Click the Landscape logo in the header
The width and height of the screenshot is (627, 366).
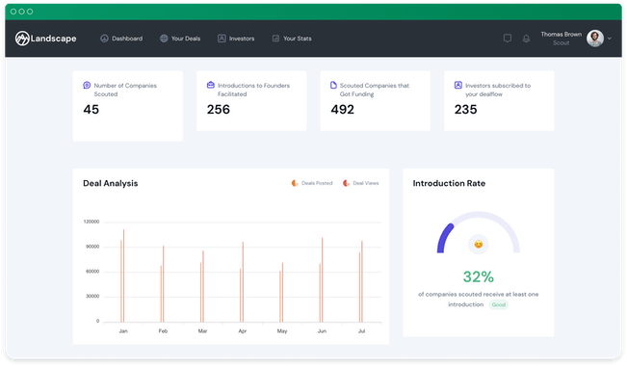45,39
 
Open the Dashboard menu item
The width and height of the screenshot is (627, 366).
121,39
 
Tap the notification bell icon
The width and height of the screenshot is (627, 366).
526,39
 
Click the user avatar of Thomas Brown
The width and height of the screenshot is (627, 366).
595,39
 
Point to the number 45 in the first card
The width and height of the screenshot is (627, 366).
91,110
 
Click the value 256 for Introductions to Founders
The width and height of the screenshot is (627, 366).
219,110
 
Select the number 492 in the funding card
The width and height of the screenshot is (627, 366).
342,110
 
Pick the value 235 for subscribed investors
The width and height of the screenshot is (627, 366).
465,110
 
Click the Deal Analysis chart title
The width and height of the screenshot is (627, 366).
110,183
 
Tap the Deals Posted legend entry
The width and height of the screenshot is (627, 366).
312,183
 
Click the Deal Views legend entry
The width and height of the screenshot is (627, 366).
362,183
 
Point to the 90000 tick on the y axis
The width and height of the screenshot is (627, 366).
91,247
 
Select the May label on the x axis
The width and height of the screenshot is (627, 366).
282,331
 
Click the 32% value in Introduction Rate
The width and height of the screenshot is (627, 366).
478,275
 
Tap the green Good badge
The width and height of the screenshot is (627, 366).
498,304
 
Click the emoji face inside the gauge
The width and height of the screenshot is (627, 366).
479,244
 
